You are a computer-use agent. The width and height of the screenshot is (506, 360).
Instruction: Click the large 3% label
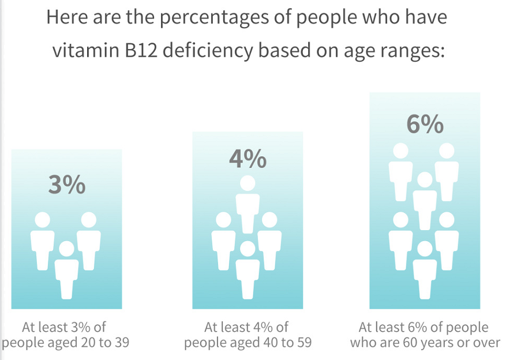67,185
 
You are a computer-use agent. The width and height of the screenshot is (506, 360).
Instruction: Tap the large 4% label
248,159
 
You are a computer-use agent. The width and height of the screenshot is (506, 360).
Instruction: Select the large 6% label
425,123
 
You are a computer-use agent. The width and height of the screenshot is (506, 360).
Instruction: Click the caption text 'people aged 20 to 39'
65,342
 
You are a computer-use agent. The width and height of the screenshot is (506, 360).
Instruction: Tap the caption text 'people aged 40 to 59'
248,342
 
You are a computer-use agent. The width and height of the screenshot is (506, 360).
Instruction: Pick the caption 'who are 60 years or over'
425,342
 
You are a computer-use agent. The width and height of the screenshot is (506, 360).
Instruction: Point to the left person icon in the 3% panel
42,239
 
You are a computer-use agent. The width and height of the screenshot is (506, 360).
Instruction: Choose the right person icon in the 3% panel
88,239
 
